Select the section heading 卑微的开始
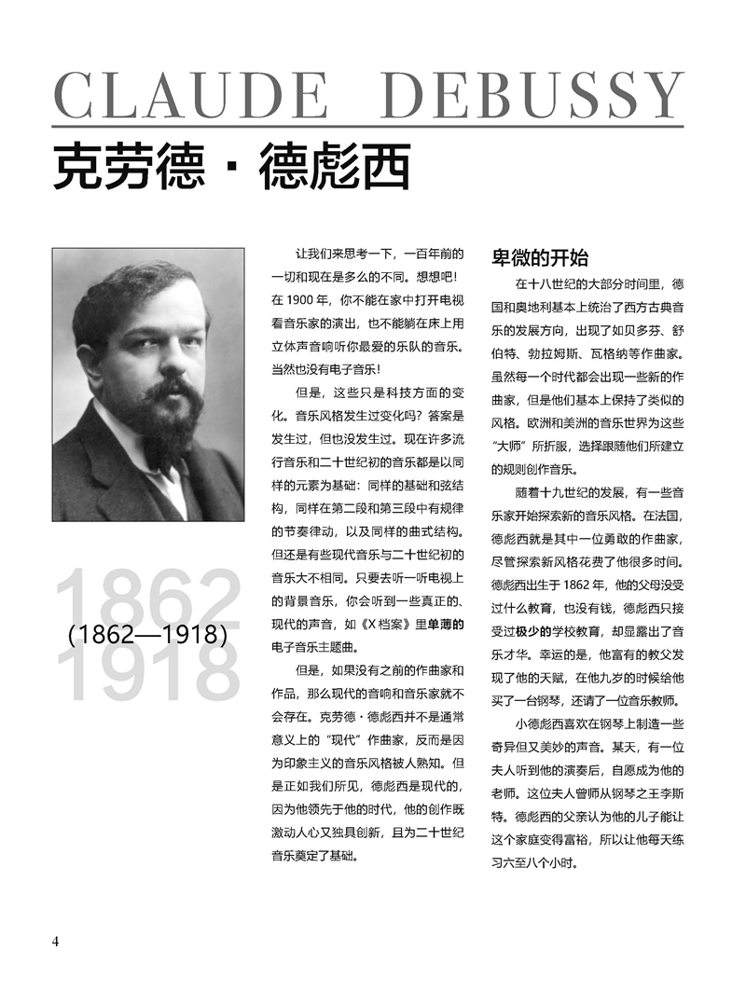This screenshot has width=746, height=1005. pyautogui.click(x=540, y=257)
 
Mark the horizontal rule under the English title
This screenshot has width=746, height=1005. pyautogui.click(x=367, y=126)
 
